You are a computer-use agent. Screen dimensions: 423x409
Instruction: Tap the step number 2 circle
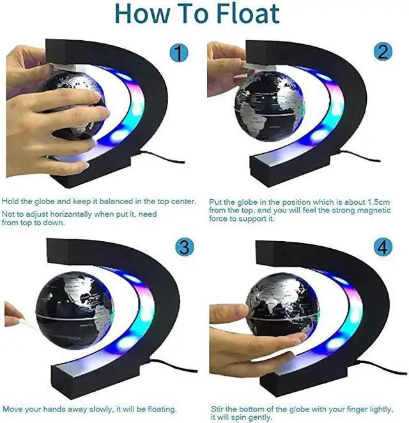[x=383, y=52]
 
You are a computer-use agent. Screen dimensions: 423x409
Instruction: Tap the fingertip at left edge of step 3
[x=9, y=313]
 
